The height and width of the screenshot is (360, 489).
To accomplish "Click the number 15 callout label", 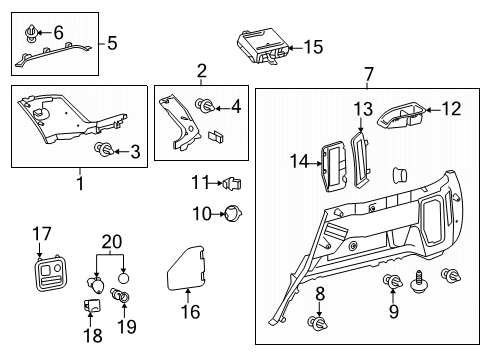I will [x=314, y=47].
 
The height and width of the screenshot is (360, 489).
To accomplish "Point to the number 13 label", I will [x=361, y=109].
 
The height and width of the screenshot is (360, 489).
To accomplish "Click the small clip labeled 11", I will [x=235, y=182].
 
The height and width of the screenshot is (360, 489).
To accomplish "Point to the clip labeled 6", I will [x=29, y=36].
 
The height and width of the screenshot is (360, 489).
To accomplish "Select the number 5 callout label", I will [x=113, y=43].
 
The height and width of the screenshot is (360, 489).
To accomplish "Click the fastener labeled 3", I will [x=101, y=150].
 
